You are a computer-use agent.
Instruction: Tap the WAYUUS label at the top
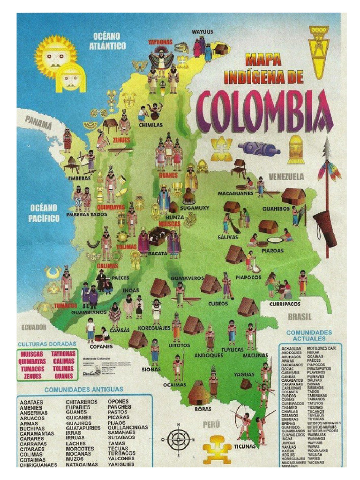point(202,32)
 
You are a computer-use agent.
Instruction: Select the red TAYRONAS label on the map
point(160,42)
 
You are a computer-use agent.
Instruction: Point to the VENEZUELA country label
point(286,177)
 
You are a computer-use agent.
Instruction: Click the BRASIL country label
point(300,317)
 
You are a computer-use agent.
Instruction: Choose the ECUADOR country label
point(32,327)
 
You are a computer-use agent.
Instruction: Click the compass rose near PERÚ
point(178,440)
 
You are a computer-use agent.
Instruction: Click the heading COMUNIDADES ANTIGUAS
point(84,389)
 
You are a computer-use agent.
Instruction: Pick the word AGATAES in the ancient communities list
point(31,402)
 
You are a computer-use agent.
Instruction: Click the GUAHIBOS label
point(276,209)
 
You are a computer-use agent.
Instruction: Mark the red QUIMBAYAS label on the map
point(111,206)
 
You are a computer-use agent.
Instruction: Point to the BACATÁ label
point(157,253)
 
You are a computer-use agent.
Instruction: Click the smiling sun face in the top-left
point(55,56)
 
